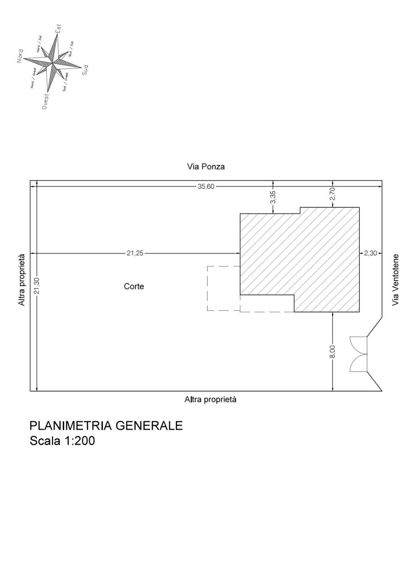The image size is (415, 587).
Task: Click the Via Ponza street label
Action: click(x=206, y=167)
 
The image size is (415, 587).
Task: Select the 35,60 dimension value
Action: click(x=206, y=186)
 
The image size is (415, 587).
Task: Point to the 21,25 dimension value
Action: click(x=135, y=253)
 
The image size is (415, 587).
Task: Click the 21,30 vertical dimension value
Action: click(x=37, y=286)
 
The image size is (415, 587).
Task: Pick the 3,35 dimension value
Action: click(x=273, y=197)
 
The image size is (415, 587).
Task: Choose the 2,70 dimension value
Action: click(x=333, y=194)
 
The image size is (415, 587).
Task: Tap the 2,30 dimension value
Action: click(x=370, y=253)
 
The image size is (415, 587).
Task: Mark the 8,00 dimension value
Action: click(x=333, y=352)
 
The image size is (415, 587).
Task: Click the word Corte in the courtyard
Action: click(x=134, y=286)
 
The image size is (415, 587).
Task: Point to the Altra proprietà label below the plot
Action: click(x=211, y=399)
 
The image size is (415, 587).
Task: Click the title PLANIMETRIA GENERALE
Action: click(x=106, y=426)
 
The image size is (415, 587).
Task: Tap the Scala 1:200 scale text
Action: click(x=62, y=441)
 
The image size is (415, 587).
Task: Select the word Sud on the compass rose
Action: click(x=85, y=70)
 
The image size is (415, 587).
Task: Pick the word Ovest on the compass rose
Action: click(x=45, y=101)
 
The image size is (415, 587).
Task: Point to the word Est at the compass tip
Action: click(x=58, y=29)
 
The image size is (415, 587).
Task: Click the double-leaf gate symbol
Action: click(x=359, y=355)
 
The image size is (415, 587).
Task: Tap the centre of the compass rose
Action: click(x=53, y=63)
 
